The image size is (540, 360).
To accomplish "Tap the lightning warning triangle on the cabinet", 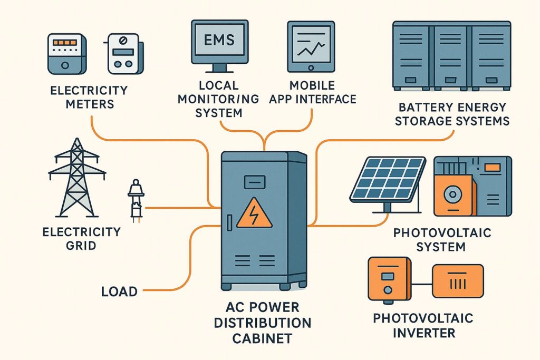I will pos(254,213).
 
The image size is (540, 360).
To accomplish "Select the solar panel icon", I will pos(388,179).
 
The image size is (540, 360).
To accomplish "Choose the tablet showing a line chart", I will pos(311,46).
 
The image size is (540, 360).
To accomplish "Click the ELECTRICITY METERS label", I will pos(89,97).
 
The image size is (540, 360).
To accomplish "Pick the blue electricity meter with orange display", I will pos(65,54).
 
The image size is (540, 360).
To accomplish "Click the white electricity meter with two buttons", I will pos(122,54).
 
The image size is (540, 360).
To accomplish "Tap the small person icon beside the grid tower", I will pos(136,201).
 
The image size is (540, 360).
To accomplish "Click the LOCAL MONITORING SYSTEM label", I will pos(226,99).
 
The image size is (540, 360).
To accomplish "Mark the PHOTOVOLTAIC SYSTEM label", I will pos(442,239).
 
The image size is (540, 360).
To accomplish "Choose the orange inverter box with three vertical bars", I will pos(457,280).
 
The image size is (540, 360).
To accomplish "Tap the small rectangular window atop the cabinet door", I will pos(254,182).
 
